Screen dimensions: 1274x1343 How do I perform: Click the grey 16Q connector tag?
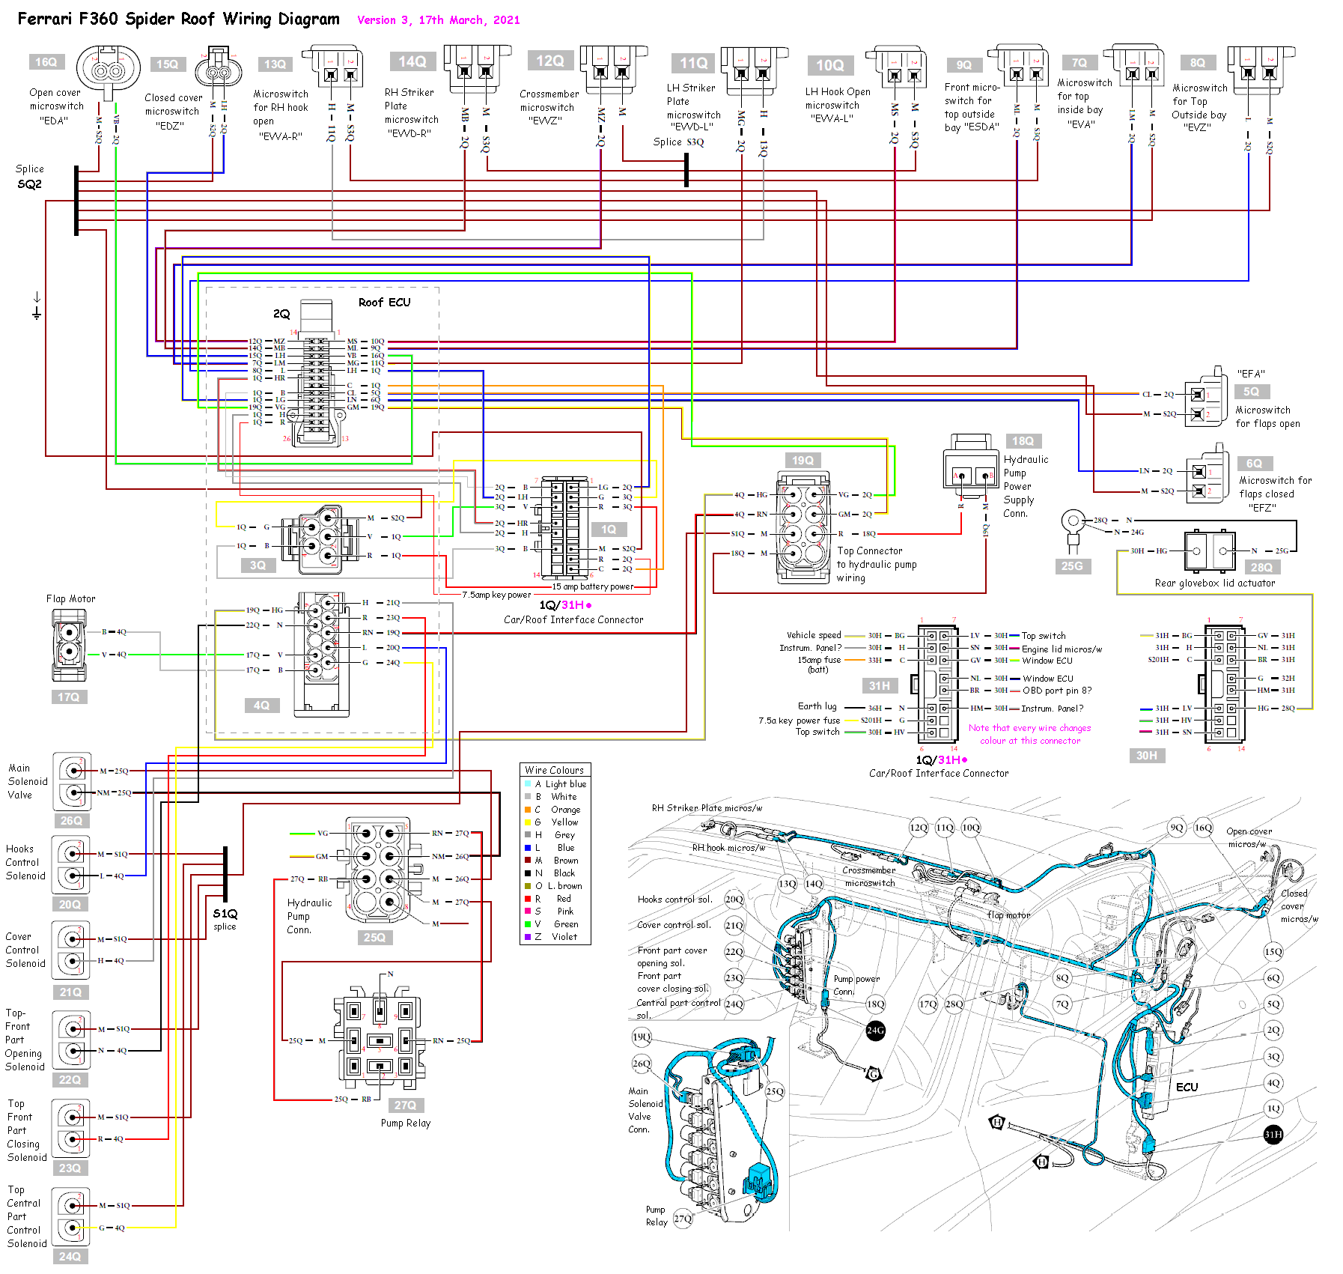coord(46,62)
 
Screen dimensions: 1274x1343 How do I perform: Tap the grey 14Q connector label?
coord(412,61)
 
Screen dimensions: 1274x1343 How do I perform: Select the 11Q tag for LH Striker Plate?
coord(693,63)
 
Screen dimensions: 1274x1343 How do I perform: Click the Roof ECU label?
coord(384,303)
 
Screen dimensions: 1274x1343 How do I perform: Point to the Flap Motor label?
coord(70,598)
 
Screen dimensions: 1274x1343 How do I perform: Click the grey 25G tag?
coord(1071,566)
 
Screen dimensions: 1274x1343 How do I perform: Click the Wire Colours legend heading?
coord(554,770)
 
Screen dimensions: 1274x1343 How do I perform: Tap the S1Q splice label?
coord(225,914)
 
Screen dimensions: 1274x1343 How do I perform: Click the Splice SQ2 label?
coord(29,178)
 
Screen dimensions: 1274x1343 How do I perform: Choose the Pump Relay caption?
coord(405,1123)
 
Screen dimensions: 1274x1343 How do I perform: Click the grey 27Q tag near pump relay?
coord(405,1105)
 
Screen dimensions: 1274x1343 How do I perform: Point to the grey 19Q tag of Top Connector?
coord(803,461)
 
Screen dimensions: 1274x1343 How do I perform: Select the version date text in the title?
coord(438,20)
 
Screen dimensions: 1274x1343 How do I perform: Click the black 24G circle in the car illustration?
coord(875,1030)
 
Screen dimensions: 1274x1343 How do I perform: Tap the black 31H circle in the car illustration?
coord(1273,1134)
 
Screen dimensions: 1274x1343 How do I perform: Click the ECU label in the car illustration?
coord(1187,1087)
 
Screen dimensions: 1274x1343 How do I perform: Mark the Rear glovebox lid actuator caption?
coord(1214,583)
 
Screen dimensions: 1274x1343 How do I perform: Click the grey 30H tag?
coord(1146,756)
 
